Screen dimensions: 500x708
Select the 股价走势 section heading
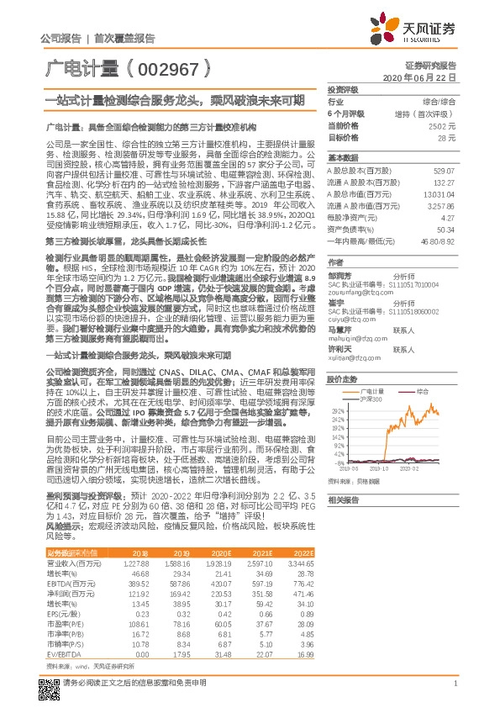343,380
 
